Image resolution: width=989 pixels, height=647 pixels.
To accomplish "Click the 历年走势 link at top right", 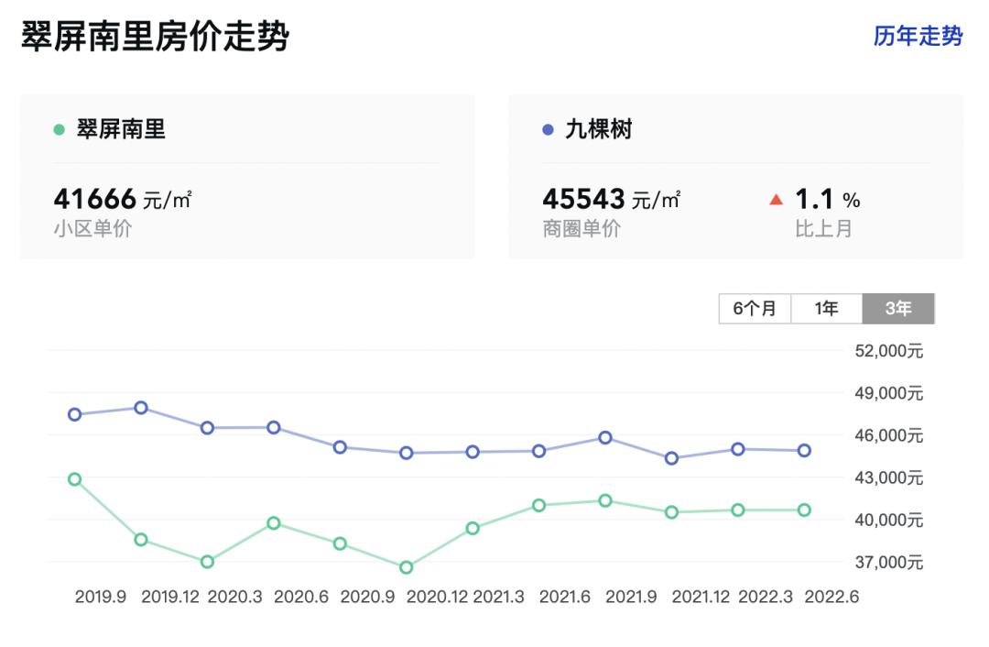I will [x=918, y=37].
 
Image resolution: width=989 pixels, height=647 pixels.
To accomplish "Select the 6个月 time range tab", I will [x=755, y=309].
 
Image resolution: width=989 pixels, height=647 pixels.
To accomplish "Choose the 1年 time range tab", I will [x=826, y=309].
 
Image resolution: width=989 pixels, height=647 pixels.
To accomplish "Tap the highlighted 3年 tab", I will [x=897, y=309].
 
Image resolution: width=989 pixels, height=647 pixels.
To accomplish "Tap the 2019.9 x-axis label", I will [x=100, y=597].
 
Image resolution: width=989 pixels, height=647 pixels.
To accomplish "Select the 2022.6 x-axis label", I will [x=831, y=597].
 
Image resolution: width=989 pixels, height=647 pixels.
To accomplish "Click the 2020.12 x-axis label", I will [x=437, y=597].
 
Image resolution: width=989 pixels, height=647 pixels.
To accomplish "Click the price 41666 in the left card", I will [x=95, y=198].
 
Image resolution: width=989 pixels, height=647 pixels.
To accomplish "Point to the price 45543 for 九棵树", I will [x=583, y=198].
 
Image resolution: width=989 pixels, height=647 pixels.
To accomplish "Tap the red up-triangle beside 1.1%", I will [x=777, y=199].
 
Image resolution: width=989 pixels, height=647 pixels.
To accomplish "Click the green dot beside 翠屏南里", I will [x=60, y=130].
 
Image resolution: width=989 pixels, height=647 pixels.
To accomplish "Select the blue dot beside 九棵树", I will [x=549, y=130].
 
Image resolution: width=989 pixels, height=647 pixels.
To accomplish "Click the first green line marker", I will [x=75, y=479].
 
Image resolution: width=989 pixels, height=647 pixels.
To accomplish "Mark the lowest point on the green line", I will [x=407, y=567].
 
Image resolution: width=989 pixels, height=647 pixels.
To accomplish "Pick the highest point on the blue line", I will [x=141, y=408].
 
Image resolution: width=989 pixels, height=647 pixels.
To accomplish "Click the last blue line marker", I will [x=804, y=450].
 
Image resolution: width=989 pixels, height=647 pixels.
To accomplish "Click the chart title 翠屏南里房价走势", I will [x=155, y=38].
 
